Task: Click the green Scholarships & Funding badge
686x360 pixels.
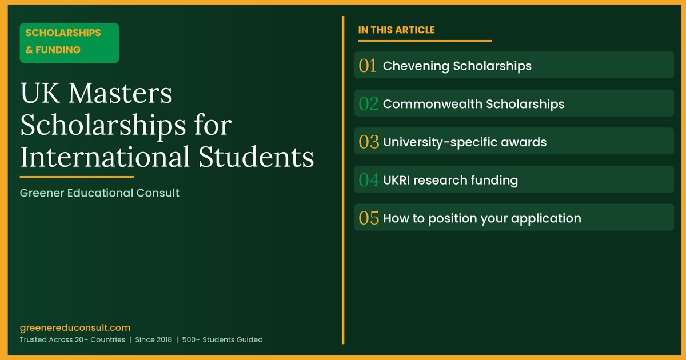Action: click(69, 42)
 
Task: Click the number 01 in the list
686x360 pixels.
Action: click(368, 66)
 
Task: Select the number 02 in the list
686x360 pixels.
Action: click(369, 104)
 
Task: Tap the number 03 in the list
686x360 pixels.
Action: click(369, 142)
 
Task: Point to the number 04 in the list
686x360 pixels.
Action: click(369, 180)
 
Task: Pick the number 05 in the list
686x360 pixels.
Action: click(369, 218)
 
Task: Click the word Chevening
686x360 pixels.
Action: click(416, 66)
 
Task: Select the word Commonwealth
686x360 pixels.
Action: click(432, 104)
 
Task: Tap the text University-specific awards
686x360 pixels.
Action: click(464, 142)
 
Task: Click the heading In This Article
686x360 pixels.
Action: click(396, 30)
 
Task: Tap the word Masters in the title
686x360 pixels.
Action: click(119, 94)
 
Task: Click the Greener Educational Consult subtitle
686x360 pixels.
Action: click(99, 193)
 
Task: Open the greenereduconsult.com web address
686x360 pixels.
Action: click(75, 327)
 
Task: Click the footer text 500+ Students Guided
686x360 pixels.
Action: click(223, 339)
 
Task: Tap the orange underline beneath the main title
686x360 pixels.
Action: click(77, 177)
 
